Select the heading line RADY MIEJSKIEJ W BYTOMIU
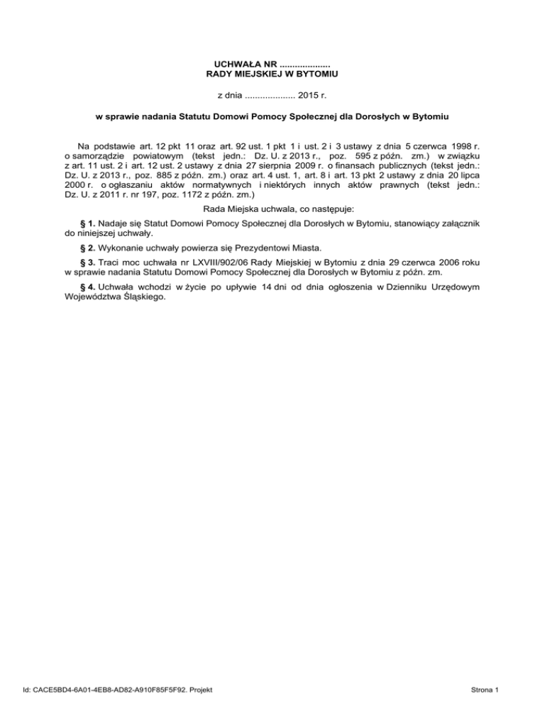coord(272,74)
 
